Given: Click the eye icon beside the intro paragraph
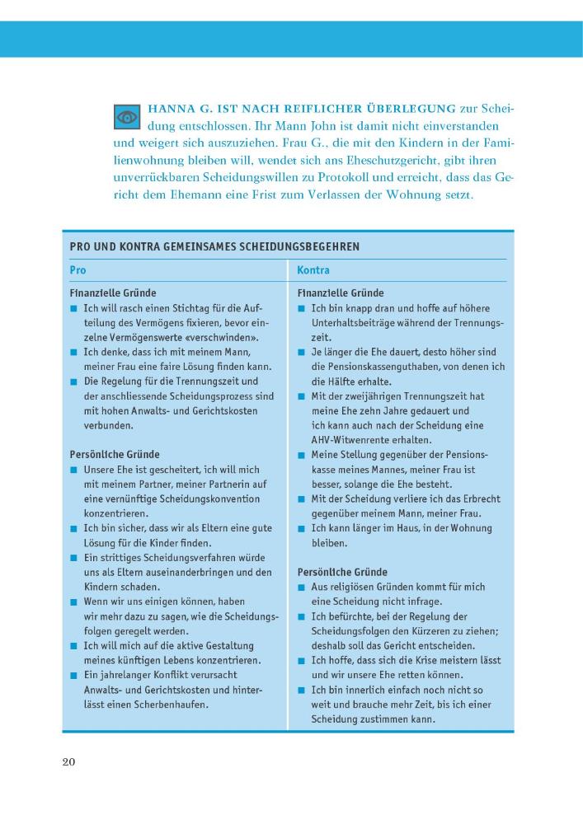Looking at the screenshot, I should [127, 117].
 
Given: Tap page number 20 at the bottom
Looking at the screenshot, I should [69, 761].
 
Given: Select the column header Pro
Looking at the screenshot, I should [78, 269].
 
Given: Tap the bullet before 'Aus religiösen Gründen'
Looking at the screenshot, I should [303, 588].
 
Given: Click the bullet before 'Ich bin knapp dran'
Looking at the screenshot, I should [303, 308].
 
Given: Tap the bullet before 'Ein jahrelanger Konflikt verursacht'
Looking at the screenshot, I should [73, 676].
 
